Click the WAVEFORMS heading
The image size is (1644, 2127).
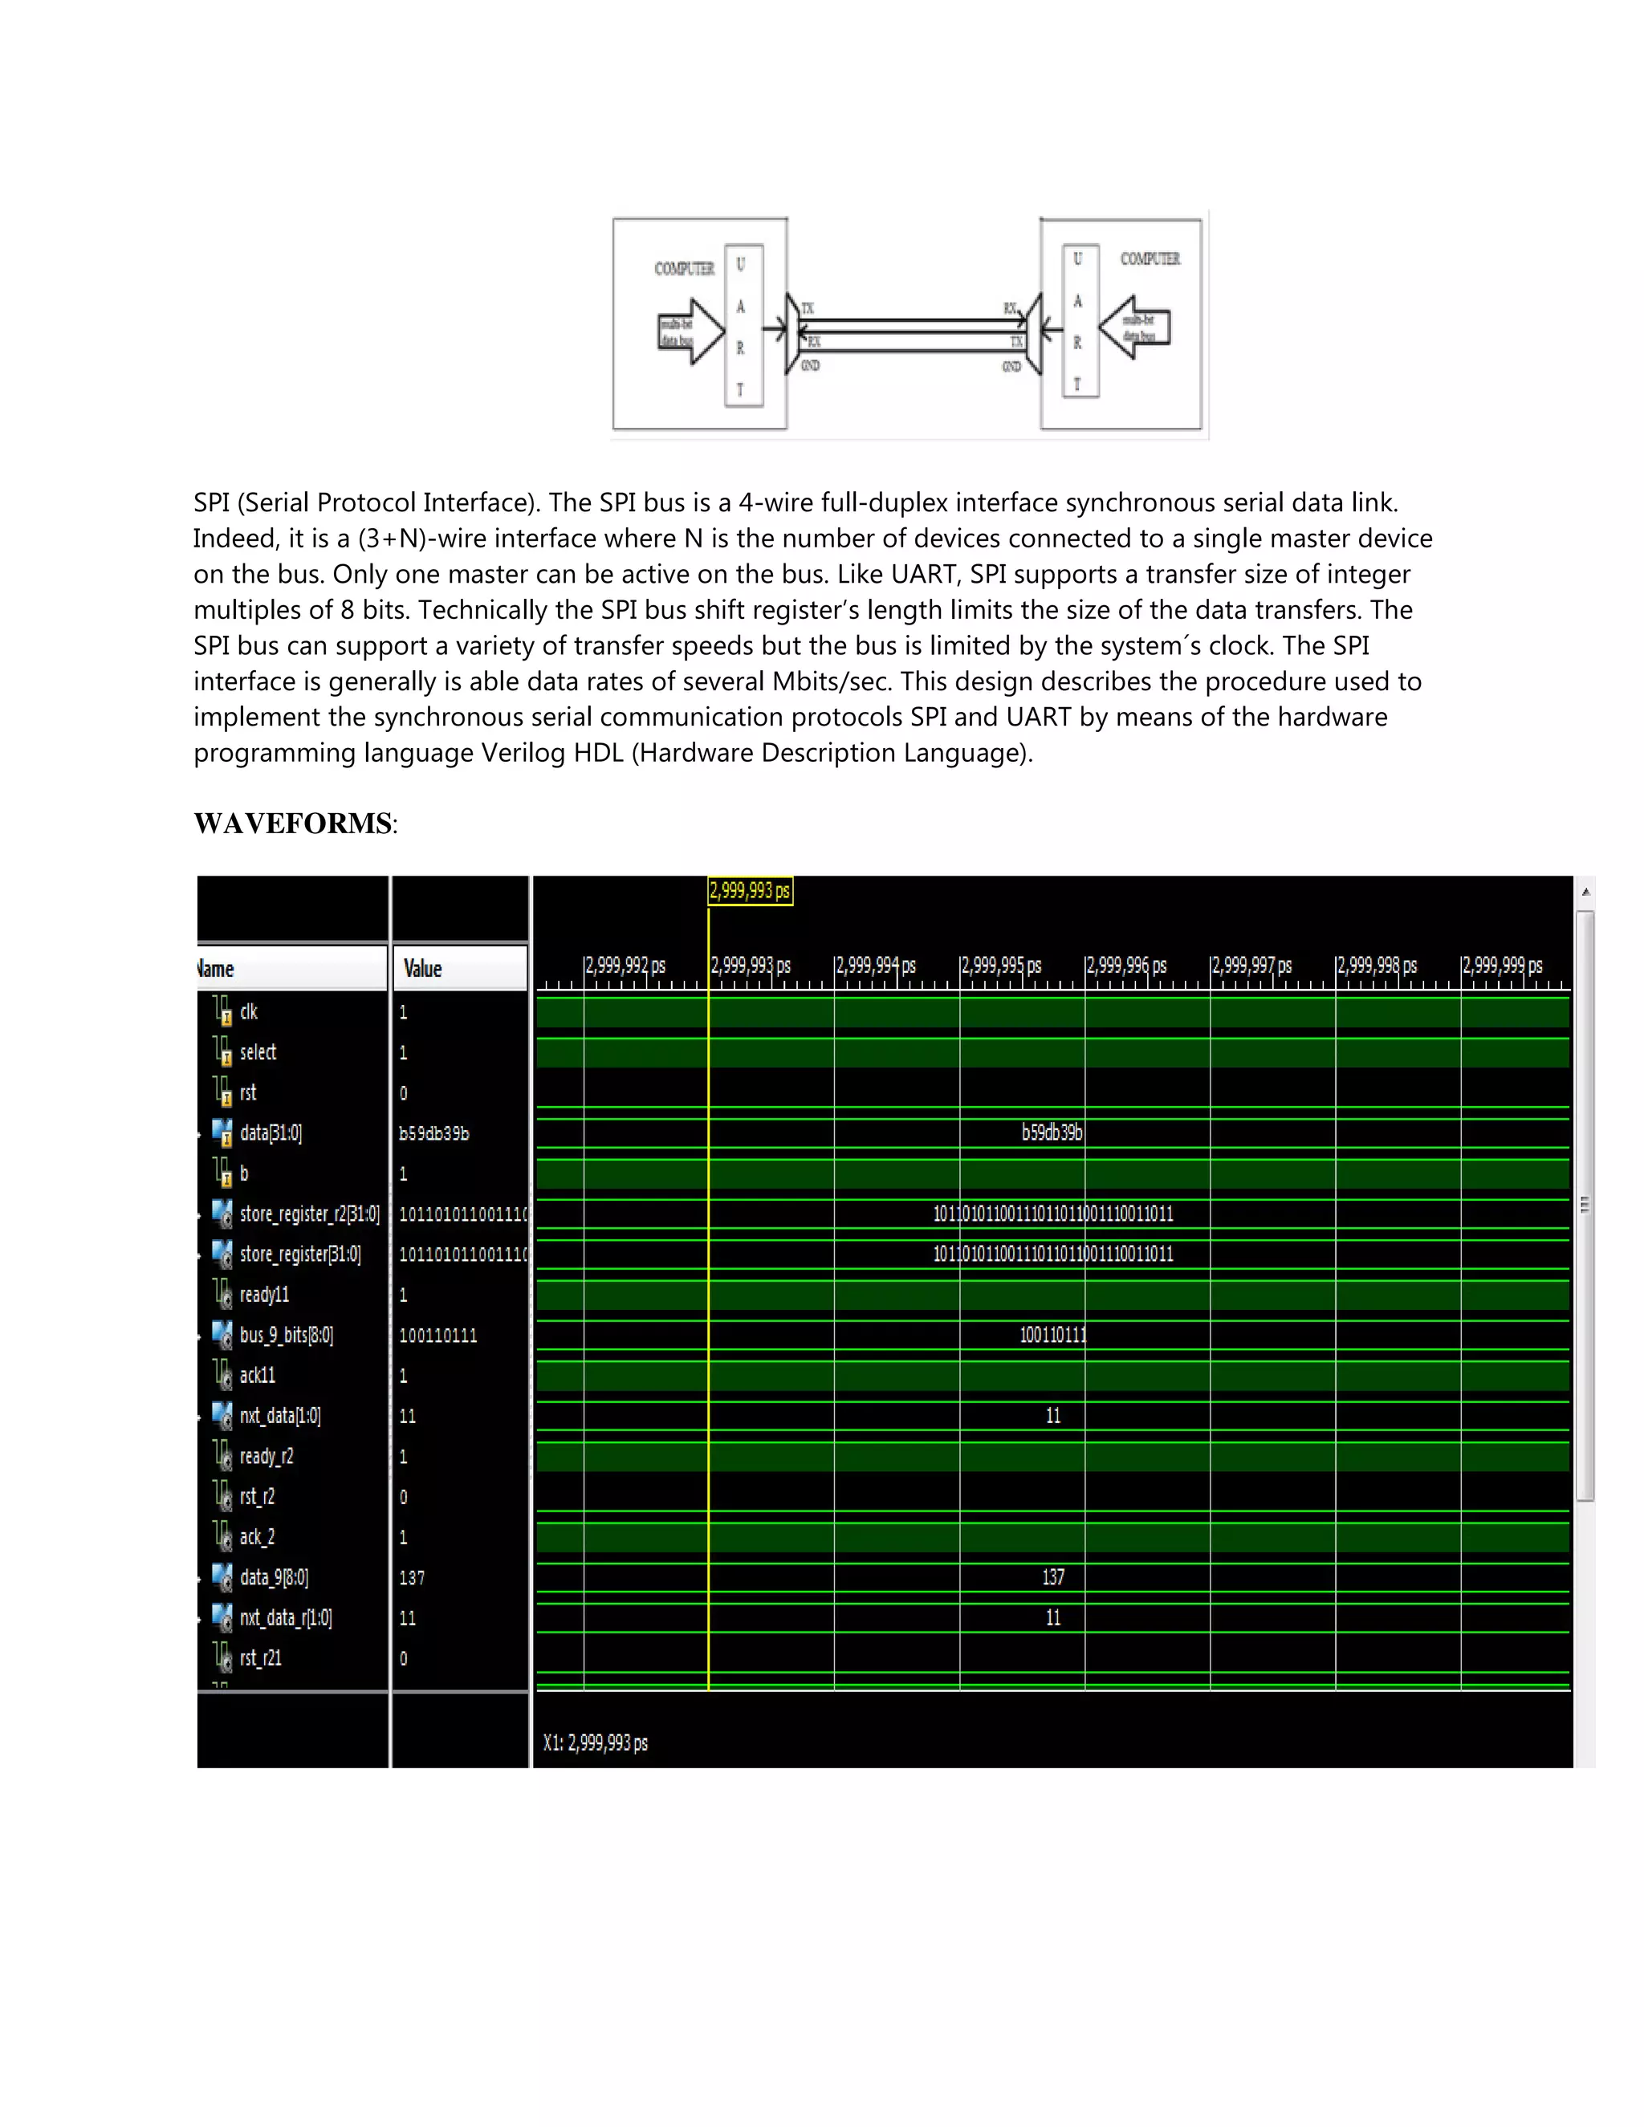tap(292, 824)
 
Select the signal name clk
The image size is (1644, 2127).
tap(248, 1012)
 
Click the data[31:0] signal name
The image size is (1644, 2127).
tap(270, 1133)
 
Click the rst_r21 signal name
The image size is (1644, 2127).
tap(260, 1658)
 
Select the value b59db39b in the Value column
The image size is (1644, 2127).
tap(433, 1133)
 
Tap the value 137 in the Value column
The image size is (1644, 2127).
tap(411, 1578)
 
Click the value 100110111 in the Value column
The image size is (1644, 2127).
tap(437, 1336)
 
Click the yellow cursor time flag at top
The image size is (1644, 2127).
tap(749, 890)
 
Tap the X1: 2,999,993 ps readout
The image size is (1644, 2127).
tap(595, 1743)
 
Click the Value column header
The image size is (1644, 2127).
tap(423, 968)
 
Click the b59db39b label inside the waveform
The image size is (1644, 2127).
tap(1052, 1133)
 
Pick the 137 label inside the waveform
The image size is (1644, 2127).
tap(1053, 1578)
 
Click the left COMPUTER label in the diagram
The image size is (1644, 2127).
tap(684, 269)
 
